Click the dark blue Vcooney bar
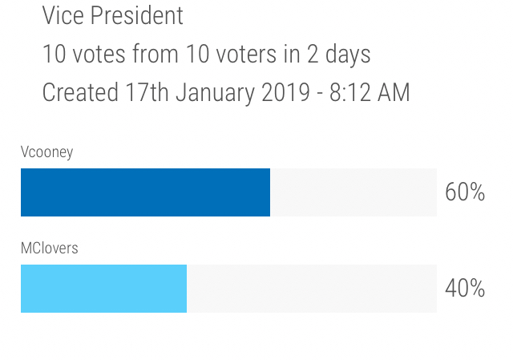(145, 192)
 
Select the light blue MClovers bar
(103, 289)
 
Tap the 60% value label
(465, 192)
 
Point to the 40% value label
(465, 289)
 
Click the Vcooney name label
(46, 152)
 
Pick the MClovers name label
(49, 249)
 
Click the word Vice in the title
(62, 15)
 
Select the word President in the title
(136, 15)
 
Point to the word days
(348, 55)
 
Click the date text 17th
(147, 93)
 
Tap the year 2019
(285, 93)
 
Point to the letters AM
(394, 93)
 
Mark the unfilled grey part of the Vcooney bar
(353, 192)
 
